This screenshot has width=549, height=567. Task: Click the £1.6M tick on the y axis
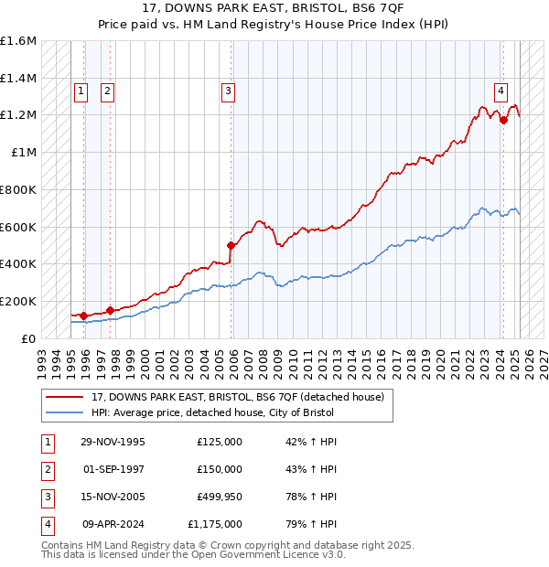(18, 41)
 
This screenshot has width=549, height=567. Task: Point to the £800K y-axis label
(18, 189)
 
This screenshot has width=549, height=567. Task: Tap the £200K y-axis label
(18, 301)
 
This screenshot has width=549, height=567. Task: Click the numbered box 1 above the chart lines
(81, 91)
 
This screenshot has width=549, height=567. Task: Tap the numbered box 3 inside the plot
(228, 91)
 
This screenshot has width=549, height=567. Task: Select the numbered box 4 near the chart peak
(501, 91)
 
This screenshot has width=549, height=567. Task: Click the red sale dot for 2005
(231, 245)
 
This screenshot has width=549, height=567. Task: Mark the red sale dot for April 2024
(503, 120)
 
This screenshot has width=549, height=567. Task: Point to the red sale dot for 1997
(110, 310)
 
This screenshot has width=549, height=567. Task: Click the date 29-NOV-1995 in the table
(113, 442)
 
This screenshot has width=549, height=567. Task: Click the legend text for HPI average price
(212, 413)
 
